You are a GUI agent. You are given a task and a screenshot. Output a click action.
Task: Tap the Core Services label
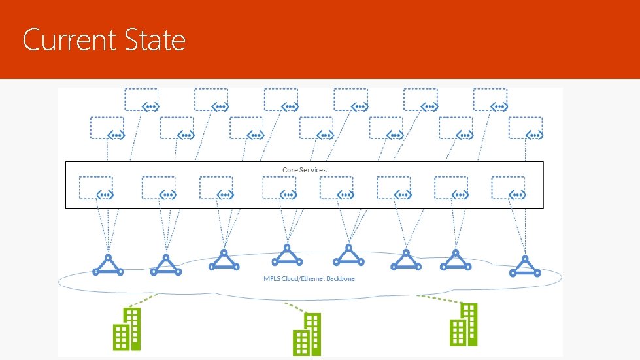tap(304, 170)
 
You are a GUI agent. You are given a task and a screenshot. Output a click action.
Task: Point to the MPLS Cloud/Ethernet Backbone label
tap(309, 279)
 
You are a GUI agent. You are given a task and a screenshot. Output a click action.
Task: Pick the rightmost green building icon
tap(463, 324)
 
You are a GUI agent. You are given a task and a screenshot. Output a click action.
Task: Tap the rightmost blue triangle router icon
tap(525, 265)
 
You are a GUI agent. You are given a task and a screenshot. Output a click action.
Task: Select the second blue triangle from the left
tap(165, 265)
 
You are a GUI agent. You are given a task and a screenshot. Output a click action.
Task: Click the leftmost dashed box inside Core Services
tap(96, 188)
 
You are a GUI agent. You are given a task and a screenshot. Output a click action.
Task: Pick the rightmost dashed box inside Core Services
tap(509, 188)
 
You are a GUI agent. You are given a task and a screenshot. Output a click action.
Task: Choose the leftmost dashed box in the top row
tap(142, 99)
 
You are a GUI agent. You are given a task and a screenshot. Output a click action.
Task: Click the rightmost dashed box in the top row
tap(490, 99)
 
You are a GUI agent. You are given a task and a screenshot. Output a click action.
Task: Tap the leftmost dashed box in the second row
tap(108, 127)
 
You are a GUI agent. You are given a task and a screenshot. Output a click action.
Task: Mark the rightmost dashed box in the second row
tap(526, 127)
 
